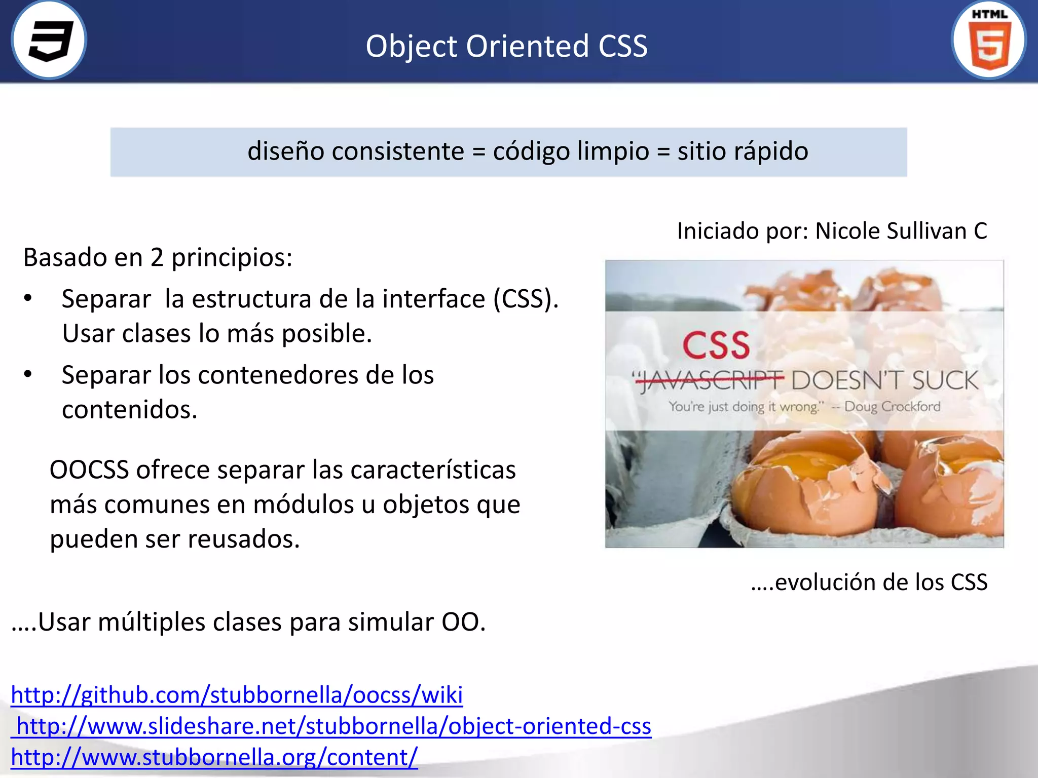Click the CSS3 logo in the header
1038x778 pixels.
click(x=49, y=40)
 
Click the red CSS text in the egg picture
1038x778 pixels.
click(x=716, y=345)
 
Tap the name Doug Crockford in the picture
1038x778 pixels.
click(x=892, y=406)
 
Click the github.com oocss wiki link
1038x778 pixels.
click(x=237, y=694)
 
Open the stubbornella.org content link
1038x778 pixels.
click(x=214, y=757)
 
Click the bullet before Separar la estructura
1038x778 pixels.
click(x=28, y=298)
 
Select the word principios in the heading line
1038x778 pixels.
click(x=231, y=258)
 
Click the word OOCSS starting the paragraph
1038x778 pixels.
click(x=89, y=470)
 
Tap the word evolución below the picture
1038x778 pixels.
click(x=825, y=582)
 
